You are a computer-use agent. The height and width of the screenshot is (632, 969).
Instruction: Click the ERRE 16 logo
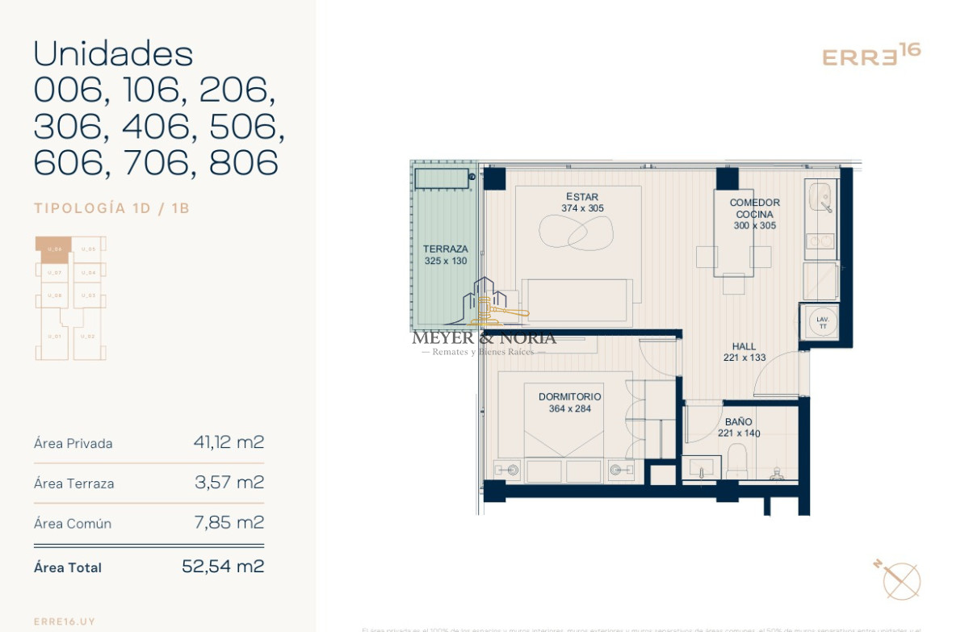(x=870, y=56)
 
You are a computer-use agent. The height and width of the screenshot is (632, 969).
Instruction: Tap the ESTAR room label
(x=582, y=197)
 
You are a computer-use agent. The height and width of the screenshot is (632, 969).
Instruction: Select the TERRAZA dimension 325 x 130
(x=446, y=262)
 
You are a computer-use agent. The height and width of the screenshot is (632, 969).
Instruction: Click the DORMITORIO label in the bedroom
(x=569, y=397)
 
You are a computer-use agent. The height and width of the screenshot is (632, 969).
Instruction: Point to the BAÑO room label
(x=738, y=422)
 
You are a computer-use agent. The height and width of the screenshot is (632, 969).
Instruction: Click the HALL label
(x=744, y=347)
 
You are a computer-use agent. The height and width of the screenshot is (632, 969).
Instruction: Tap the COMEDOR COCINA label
(x=755, y=208)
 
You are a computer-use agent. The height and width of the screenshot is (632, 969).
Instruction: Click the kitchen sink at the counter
(x=821, y=197)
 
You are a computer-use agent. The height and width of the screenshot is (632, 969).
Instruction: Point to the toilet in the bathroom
(x=737, y=462)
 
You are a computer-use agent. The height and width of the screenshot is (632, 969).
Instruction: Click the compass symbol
(x=900, y=580)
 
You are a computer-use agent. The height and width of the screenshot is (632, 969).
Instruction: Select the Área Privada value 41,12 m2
(x=229, y=442)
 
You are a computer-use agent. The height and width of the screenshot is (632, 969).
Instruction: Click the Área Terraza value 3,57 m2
(x=229, y=483)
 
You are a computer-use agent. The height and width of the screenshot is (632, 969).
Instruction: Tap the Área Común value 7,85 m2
(x=229, y=522)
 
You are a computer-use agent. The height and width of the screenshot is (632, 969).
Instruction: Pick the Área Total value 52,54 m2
(x=223, y=567)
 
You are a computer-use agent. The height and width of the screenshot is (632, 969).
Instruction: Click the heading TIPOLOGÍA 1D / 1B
(x=111, y=208)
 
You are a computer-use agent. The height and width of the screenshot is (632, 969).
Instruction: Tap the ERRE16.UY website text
(x=65, y=622)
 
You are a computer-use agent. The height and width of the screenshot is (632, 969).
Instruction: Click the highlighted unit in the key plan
(x=53, y=249)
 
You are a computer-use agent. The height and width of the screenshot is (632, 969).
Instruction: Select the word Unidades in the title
(x=113, y=54)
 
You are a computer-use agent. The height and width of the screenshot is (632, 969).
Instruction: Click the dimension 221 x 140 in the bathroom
(x=738, y=433)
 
